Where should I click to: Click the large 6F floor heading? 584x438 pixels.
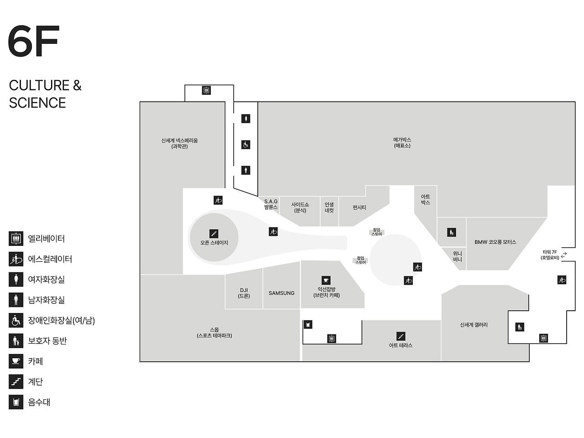[34, 42]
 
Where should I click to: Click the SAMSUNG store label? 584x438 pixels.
[282, 293]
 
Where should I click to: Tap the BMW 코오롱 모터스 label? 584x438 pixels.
[495, 242]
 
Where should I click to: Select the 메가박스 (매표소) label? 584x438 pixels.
[402, 142]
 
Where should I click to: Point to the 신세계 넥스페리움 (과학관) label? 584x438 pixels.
[179, 143]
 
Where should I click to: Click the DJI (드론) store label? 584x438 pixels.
[244, 293]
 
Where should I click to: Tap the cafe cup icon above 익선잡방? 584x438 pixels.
[326, 280]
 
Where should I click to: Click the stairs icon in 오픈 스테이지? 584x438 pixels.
[214, 234]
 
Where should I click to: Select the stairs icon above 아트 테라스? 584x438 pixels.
[401, 336]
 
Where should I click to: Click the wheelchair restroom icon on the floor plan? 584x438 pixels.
[246, 145]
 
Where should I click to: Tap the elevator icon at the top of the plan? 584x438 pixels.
[206, 90]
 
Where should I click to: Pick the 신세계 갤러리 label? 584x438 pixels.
[474, 325]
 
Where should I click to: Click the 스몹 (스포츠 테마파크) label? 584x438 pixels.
[214, 333]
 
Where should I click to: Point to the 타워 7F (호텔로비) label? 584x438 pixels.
[550, 255]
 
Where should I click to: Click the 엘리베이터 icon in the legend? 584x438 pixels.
[16, 238]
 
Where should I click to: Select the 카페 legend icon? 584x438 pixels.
[16, 361]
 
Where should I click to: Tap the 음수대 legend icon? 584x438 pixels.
[16, 402]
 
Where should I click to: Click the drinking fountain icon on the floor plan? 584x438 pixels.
[308, 324]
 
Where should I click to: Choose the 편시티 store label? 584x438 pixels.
[359, 208]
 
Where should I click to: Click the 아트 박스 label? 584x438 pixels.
[425, 199]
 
